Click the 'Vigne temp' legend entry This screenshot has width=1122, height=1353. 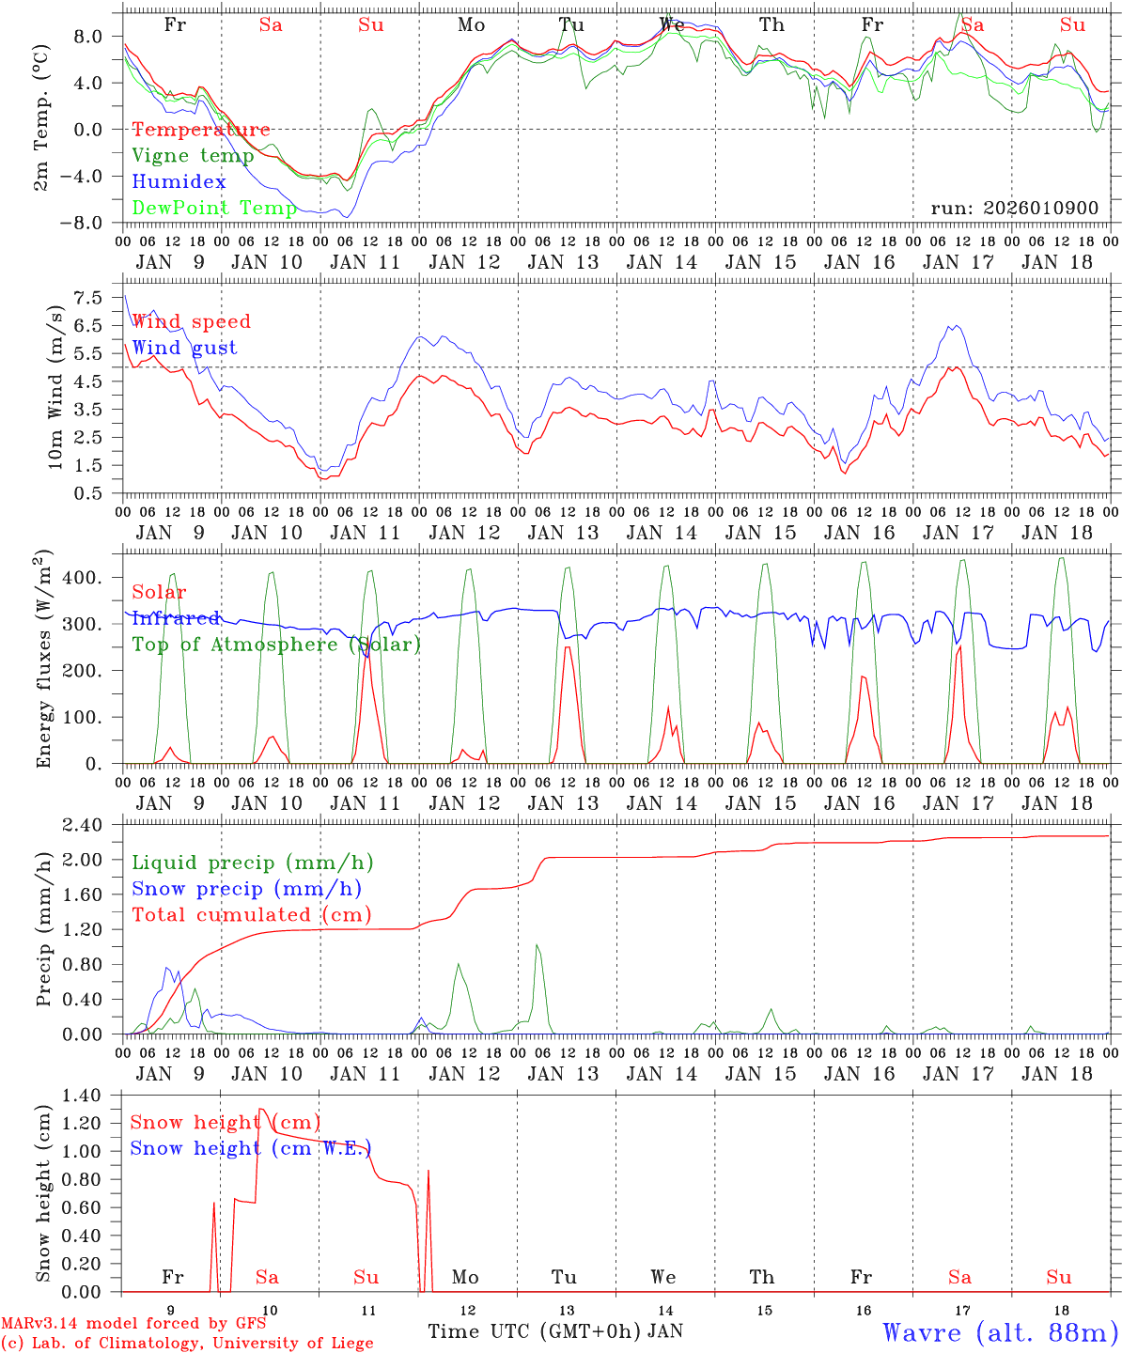[x=193, y=156]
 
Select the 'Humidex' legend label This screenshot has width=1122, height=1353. [x=179, y=181]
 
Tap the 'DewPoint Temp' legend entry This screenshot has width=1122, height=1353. [x=214, y=208]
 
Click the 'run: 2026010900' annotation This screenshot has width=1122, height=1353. [x=1014, y=208]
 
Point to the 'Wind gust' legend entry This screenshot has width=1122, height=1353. [x=184, y=348]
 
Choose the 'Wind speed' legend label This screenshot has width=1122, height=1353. [x=191, y=321]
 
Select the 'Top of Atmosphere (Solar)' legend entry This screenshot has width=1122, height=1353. [x=276, y=645]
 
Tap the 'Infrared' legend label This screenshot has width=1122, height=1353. [x=176, y=618]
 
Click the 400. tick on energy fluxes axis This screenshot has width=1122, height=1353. [x=83, y=577]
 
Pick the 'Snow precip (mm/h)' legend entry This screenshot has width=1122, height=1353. [x=247, y=889]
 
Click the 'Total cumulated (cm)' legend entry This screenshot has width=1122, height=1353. [x=252, y=914]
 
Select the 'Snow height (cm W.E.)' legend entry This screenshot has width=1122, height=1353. [x=251, y=1148]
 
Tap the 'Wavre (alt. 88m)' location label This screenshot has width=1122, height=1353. [x=1000, y=1331]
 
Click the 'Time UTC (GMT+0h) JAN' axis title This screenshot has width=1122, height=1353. [x=555, y=1331]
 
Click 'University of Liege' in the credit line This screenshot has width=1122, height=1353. [x=293, y=1344]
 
